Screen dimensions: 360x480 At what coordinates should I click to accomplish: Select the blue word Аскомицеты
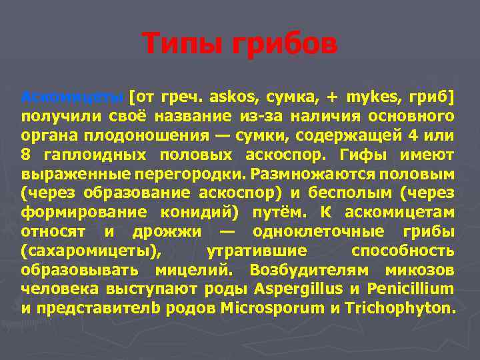71,97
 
